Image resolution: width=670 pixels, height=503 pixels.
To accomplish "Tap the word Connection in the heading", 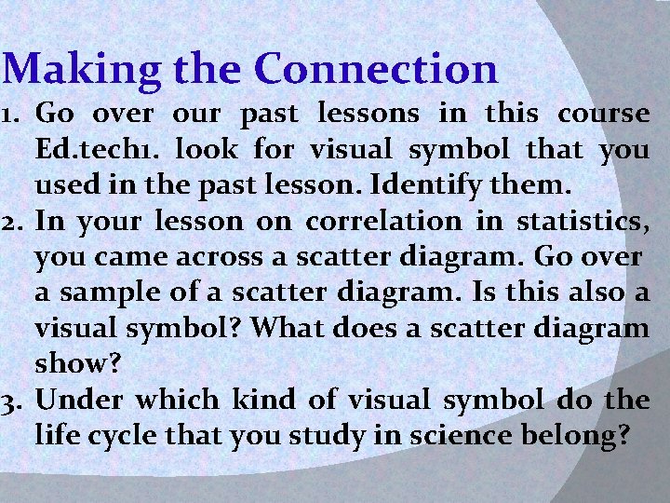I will pyautogui.click(x=376, y=69).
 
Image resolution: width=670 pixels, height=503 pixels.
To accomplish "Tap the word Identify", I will pyautogui.click(x=417, y=185).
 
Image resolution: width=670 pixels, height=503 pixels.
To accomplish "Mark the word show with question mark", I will pyautogui.click(x=74, y=364).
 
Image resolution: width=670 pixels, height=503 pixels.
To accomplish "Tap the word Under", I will pyautogui.click(x=82, y=401).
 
